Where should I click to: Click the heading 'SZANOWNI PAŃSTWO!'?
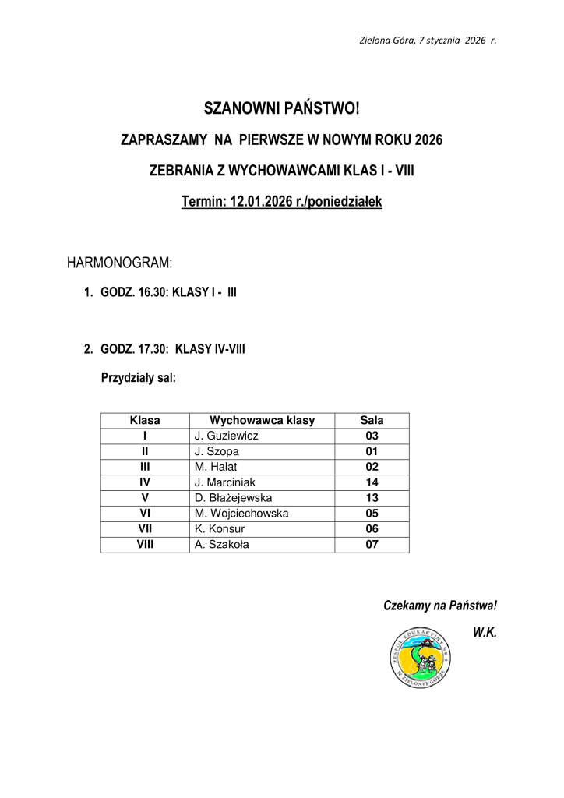pyautogui.click(x=281, y=108)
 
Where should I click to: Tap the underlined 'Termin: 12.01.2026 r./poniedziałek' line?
pyautogui.click(x=281, y=202)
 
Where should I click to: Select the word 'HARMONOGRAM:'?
pyautogui.click(x=119, y=261)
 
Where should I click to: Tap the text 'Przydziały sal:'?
pyautogui.click(x=139, y=379)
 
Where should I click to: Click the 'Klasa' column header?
pyautogui.click(x=145, y=420)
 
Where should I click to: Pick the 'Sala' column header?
pyautogui.click(x=372, y=420)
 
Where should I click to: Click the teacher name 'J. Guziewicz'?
pyautogui.click(x=227, y=436)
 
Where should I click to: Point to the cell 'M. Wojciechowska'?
pyautogui.click(x=241, y=514)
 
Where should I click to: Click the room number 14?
pyautogui.click(x=372, y=482)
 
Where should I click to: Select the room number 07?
pyautogui.click(x=372, y=545)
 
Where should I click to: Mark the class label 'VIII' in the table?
pyautogui.click(x=145, y=545)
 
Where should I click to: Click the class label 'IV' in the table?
pyautogui.click(x=145, y=482)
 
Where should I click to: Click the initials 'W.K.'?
pyautogui.click(x=485, y=633)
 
